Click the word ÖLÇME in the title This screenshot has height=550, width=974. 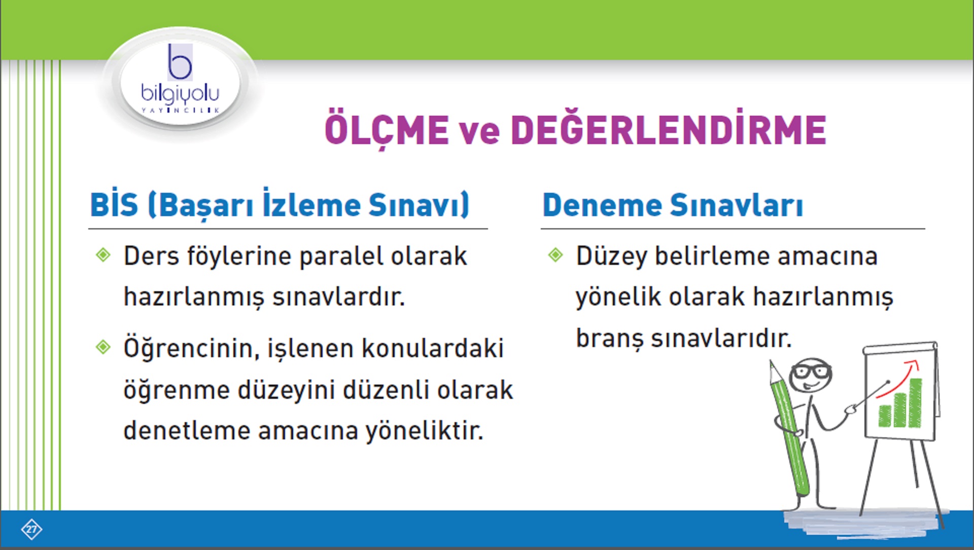pos(387,129)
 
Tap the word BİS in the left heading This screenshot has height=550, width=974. pos(114,205)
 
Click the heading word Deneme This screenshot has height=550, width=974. pos(601,205)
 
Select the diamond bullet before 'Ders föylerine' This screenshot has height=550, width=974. pos(103,255)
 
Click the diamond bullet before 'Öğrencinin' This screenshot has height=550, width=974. pos(103,347)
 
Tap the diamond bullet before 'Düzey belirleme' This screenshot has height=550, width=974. pos(555,255)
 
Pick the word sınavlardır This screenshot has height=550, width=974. pos(338,297)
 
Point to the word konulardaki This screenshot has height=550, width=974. pos(433,349)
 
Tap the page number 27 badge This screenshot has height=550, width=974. pos(31,529)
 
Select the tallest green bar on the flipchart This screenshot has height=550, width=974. pos(915,403)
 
